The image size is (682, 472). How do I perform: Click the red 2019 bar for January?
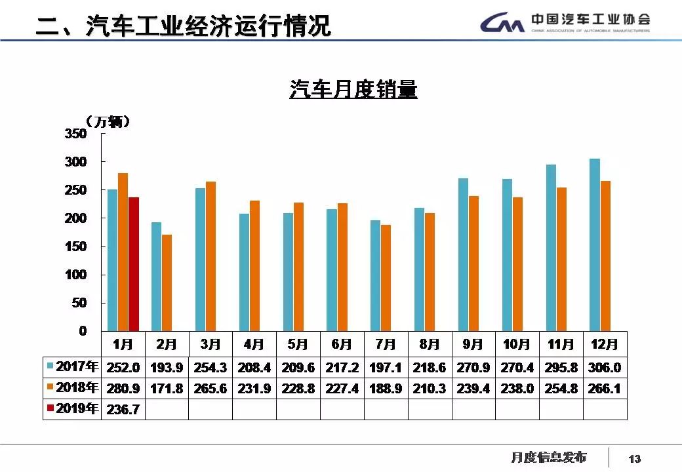click(x=134, y=264)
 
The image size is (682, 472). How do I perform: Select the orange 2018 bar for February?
click(x=167, y=283)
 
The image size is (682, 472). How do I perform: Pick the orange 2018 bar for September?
click(x=474, y=264)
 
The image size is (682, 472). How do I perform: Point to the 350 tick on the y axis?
click(x=75, y=134)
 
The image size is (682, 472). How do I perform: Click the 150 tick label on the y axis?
click(x=75, y=246)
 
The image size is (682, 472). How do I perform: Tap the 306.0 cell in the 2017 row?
click(x=605, y=367)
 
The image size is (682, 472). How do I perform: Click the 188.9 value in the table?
click(x=386, y=388)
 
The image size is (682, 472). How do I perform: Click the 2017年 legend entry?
click(x=72, y=367)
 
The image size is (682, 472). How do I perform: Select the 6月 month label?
click(x=342, y=344)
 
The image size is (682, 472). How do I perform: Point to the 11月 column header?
click(x=561, y=344)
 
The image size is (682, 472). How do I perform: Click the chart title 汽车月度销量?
click(x=353, y=89)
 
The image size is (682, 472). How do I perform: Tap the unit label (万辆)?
click(x=109, y=122)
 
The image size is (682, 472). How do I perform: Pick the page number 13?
click(x=634, y=458)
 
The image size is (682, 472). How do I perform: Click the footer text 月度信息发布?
click(x=548, y=457)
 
